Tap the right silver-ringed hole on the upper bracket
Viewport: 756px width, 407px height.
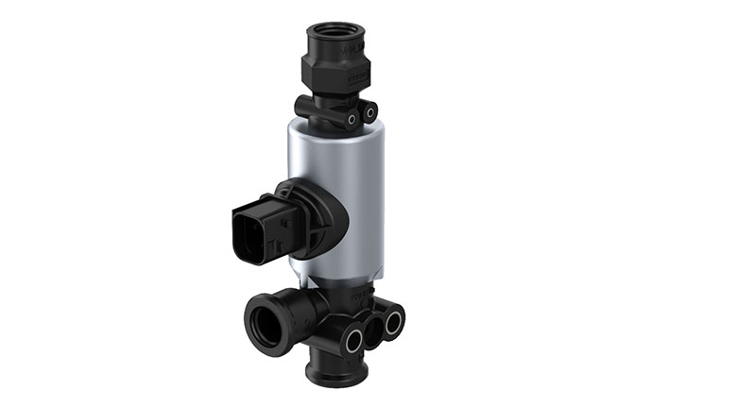352,120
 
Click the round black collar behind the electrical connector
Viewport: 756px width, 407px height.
321,217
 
